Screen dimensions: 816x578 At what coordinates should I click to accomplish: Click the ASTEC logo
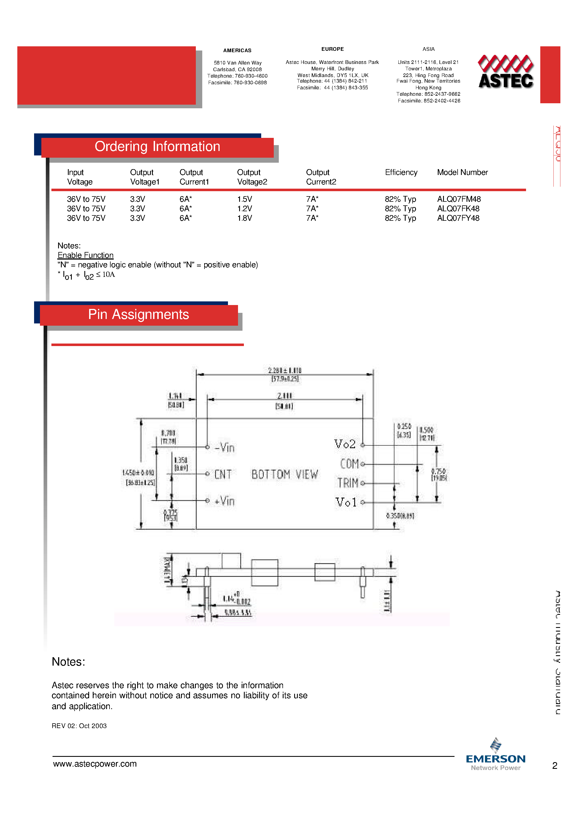point(505,72)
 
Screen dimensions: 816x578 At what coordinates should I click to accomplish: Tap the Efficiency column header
point(401,172)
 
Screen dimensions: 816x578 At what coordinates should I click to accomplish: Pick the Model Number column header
point(462,172)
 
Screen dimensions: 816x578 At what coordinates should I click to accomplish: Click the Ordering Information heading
point(157,147)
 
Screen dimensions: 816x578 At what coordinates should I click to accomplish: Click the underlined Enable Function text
point(85,255)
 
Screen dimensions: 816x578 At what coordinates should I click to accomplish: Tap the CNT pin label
point(223,474)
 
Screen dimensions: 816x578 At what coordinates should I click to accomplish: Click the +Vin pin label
point(225,501)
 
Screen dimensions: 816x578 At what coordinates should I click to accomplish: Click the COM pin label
point(349,464)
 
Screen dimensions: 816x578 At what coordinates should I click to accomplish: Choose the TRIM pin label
point(348,483)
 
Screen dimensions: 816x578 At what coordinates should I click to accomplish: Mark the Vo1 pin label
point(346,502)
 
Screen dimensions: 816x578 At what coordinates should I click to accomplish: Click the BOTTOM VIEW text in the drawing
point(285,474)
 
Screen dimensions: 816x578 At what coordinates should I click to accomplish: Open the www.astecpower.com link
point(95,764)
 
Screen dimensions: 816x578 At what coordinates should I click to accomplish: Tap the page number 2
point(555,765)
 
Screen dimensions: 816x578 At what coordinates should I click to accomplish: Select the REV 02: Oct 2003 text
point(79,726)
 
